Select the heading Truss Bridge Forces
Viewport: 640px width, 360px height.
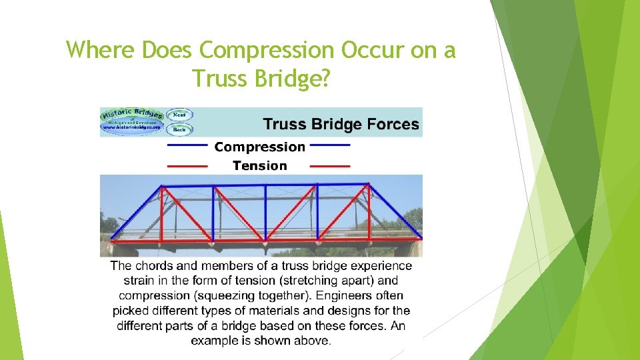[341, 124]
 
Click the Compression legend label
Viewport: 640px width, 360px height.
[259, 147]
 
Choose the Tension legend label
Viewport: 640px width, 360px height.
[259, 165]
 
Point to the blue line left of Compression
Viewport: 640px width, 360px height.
[187, 145]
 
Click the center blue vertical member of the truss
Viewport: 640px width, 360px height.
[265, 212]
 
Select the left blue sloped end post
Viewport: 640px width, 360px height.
[135, 212]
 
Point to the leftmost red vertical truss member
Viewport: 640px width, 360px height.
[161, 212]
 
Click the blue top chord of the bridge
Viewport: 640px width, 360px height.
[265, 185]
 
